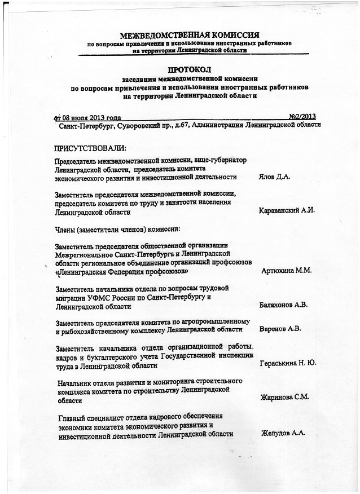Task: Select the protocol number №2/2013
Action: pos(301,117)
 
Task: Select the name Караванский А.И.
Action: pos(286,211)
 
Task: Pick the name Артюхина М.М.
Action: pos(287,271)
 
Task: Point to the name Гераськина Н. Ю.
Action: pos(287,363)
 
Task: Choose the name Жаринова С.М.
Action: pos(284,398)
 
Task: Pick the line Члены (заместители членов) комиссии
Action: pos(117,230)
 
